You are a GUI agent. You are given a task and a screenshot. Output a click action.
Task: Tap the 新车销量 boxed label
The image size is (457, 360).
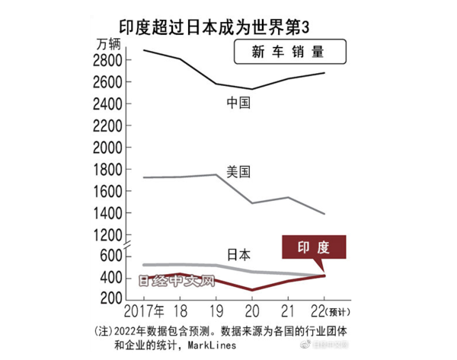pos(287,53)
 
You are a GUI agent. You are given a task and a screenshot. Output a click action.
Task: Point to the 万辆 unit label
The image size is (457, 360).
pos(109,43)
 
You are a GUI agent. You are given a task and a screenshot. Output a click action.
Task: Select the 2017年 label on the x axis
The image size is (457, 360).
pos(144,312)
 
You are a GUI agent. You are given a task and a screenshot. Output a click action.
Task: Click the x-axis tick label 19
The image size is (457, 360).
pos(216,312)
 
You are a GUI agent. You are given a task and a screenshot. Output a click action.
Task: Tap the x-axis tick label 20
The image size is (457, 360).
pos(252,312)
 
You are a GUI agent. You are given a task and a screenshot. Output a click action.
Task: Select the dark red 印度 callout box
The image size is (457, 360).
pos(314,248)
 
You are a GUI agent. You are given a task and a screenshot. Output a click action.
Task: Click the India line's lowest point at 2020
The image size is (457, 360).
pos(252,290)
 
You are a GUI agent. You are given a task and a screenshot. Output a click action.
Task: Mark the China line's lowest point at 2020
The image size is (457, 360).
pos(252,89)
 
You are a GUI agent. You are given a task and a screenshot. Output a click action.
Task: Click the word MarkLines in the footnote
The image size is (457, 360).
pos(216,344)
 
